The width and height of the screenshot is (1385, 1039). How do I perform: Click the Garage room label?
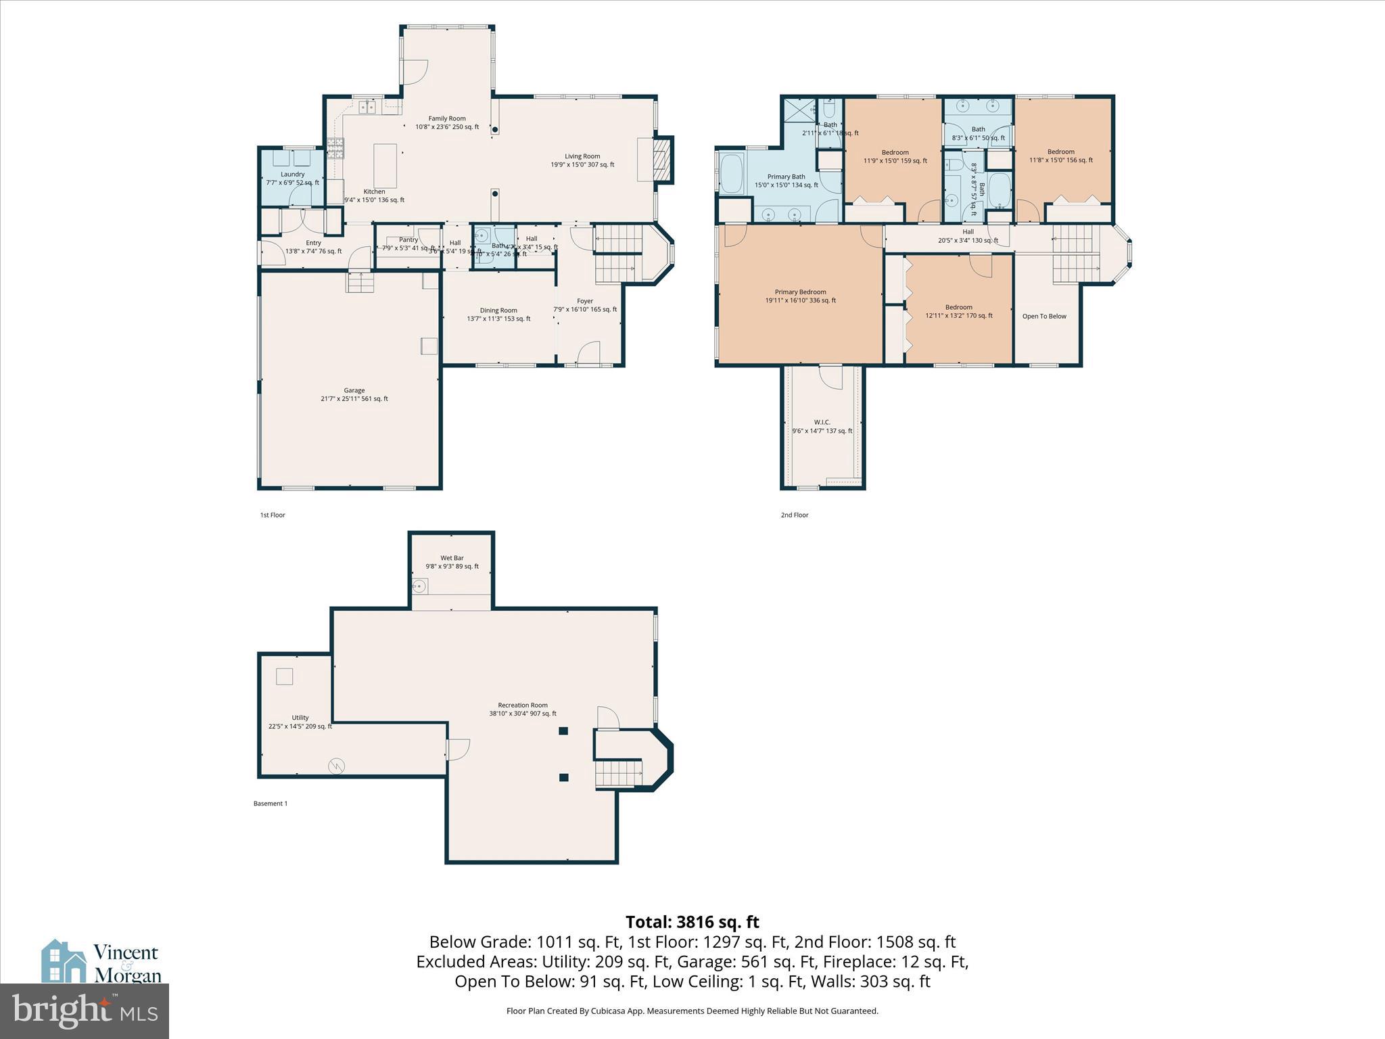pyautogui.click(x=354, y=390)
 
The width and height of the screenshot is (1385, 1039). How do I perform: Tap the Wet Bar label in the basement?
pyautogui.click(x=452, y=558)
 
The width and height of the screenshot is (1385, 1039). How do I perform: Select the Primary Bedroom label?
pyautogui.click(x=800, y=292)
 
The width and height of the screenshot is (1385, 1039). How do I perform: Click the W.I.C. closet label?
pyautogui.click(x=822, y=422)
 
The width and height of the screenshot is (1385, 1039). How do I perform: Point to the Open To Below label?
pyautogui.click(x=1043, y=316)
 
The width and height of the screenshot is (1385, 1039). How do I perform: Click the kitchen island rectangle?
pyautogui.click(x=385, y=166)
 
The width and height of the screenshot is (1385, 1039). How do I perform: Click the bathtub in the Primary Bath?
pyautogui.click(x=732, y=174)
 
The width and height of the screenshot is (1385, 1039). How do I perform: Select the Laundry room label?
pyautogui.click(x=293, y=175)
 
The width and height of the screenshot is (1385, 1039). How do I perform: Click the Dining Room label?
pyautogui.click(x=498, y=310)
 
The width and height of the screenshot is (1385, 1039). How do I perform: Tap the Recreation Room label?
pyautogui.click(x=523, y=705)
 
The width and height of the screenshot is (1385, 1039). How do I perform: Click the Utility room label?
pyautogui.click(x=300, y=718)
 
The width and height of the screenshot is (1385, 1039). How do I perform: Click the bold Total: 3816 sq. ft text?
pyautogui.click(x=692, y=922)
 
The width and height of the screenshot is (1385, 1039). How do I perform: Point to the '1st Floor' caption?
pyautogui.click(x=273, y=515)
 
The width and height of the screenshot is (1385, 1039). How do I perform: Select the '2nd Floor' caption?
pyautogui.click(x=795, y=515)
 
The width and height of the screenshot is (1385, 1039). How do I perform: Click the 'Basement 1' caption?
pyautogui.click(x=271, y=804)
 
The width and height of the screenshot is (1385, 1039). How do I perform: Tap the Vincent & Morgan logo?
pyautogui.click(x=101, y=962)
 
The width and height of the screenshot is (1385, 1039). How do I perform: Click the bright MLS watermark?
pyautogui.click(x=85, y=1011)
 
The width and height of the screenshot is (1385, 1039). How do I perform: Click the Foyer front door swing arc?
pyautogui.click(x=589, y=352)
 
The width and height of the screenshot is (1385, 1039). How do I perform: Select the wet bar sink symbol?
pyautogui.click(x=419, y=586)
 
